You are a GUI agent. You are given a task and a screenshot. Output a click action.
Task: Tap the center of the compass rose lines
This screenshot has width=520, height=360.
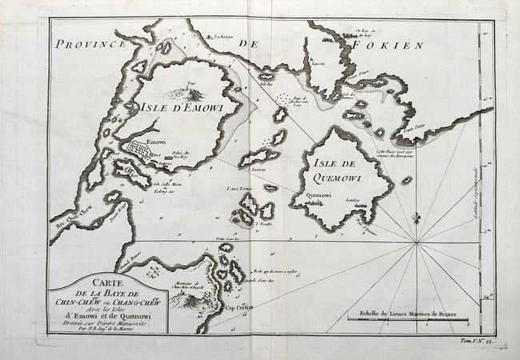(416, 242)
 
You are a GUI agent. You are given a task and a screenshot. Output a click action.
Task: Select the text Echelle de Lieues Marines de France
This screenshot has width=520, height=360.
(414, 312)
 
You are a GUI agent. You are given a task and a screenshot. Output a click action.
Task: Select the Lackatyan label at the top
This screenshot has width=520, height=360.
(219, 36)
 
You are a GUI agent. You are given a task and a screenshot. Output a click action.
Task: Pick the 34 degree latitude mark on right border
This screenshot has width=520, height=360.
(487, 298)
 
